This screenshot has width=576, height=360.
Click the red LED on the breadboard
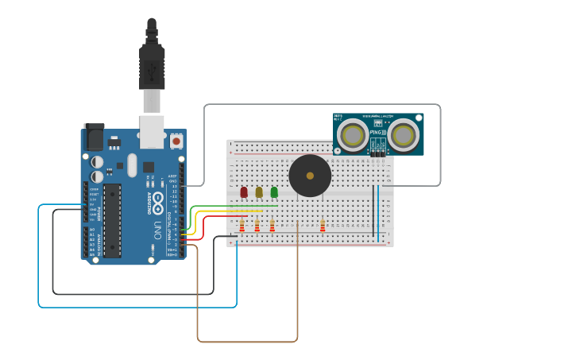pos(244,192)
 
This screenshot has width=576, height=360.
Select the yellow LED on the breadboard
pos(259,192)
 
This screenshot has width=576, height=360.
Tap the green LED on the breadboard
pos(274,192)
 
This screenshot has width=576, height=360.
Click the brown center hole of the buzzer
pos(310,176)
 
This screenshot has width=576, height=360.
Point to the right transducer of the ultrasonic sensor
pos(403,135)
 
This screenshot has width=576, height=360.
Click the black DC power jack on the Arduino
pos(94,137)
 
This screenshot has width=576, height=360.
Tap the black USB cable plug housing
pos(152,67)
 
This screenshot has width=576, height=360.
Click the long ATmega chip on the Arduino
pos(112,220)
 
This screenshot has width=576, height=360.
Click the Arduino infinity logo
pos(158,199)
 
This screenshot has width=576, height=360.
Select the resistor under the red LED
pos(242,226)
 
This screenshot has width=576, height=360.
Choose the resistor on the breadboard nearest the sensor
pos(323,226)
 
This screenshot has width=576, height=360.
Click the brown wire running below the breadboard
pos(247,342)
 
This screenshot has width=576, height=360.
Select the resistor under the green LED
pos(272,226)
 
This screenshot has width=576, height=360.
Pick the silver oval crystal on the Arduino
pos(132,165)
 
